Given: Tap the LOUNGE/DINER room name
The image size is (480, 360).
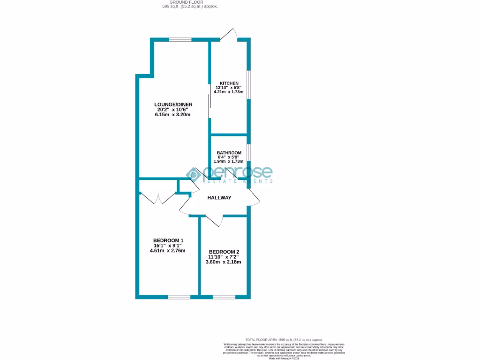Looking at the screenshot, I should pos(173,104).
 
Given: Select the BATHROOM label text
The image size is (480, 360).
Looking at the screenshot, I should pos(229,153).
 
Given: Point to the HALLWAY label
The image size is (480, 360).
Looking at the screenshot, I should pos(219,198).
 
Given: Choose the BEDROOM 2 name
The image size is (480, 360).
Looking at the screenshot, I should pos(223,251).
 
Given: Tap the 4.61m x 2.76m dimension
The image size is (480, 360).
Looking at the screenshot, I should pos(167,250).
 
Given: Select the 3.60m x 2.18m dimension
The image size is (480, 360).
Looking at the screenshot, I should pos(223,262).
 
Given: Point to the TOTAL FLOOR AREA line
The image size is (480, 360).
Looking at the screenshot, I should pos(284,339).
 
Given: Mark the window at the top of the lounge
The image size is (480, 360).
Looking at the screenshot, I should pos(180,40).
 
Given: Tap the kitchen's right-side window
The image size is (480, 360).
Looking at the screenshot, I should pos(249,84).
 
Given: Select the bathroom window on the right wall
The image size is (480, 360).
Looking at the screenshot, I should pos(248,153).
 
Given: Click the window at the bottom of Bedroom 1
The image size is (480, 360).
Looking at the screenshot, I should pos(180,297).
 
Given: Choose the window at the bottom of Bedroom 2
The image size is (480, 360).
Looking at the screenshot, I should pos(224,297).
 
